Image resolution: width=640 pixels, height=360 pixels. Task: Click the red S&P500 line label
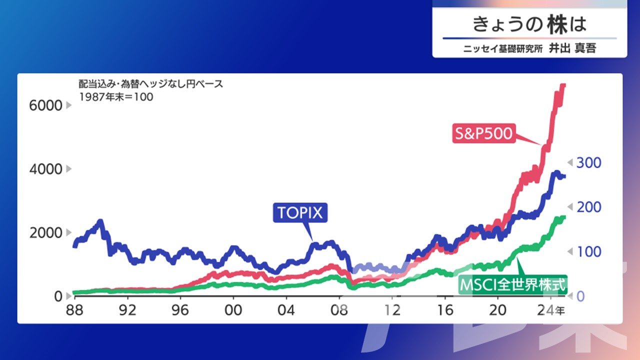point(484,133)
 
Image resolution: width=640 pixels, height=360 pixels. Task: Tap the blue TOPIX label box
point(300,212)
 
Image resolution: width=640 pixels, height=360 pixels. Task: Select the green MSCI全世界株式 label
point(513,284)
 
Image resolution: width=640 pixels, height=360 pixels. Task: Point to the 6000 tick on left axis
point(45,105)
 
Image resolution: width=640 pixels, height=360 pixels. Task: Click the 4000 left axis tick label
point(45,169)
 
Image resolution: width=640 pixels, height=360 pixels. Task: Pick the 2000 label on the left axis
point(45,233)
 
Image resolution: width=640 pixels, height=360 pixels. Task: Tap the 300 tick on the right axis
point(589,162)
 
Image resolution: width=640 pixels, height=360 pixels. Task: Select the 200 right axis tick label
point(589,207)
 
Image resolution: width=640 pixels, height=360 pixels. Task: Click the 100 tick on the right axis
point(589,251)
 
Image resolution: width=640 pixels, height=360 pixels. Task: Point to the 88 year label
point(74,310)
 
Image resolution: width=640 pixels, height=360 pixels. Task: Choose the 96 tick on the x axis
point(180,310)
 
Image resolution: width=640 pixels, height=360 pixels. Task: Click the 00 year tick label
point(233,310)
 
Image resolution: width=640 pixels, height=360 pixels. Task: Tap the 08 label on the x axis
point(339,310)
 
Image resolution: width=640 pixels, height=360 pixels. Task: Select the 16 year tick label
point(445,310)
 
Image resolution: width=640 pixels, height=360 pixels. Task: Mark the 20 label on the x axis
point(497,310)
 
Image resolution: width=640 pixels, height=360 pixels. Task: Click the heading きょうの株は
point(529,24)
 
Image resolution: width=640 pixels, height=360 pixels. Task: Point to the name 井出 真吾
point(572,48)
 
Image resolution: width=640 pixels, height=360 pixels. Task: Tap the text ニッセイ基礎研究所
point(503,48)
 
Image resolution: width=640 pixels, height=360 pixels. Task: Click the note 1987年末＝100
point(116,97)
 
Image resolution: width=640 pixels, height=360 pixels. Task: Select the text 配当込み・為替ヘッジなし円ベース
point(150,84)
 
